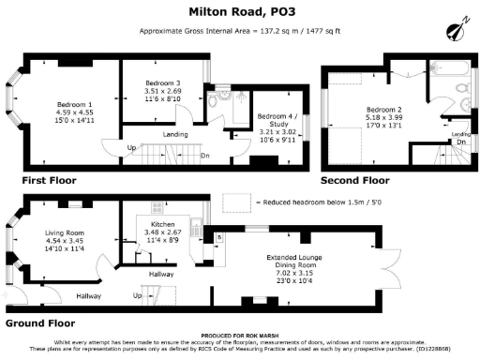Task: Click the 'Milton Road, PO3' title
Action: tap(239, 12)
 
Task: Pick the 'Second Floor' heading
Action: tap(354, 179)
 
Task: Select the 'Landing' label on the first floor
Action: tap(174, 133)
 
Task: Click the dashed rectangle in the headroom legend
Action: tap(239, 201)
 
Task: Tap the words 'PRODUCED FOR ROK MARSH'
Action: tap(239, 335)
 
